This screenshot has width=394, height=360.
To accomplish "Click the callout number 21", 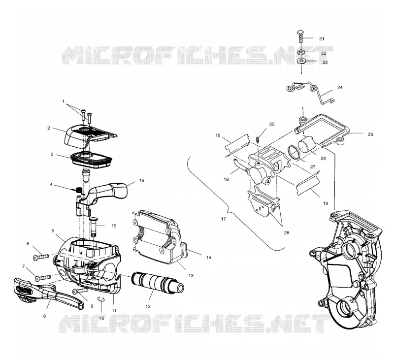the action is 322,39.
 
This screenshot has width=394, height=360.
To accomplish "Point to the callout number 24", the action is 340,88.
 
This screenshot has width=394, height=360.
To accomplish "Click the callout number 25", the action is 370,134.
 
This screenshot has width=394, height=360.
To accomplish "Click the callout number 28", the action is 287,232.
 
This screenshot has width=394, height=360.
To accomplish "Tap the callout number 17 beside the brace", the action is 224,219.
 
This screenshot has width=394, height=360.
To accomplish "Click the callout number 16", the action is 141,180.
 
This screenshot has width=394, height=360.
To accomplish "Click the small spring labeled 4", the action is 79,190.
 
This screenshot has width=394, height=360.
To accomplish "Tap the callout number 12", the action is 148,306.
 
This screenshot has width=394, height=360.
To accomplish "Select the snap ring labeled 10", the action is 101,298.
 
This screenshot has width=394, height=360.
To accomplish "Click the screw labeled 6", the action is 41,257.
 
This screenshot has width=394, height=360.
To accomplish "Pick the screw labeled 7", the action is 43,278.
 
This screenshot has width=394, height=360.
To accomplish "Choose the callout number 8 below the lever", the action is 44,316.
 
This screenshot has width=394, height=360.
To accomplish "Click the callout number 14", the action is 208,257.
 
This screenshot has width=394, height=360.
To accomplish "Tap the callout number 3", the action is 52,154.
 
